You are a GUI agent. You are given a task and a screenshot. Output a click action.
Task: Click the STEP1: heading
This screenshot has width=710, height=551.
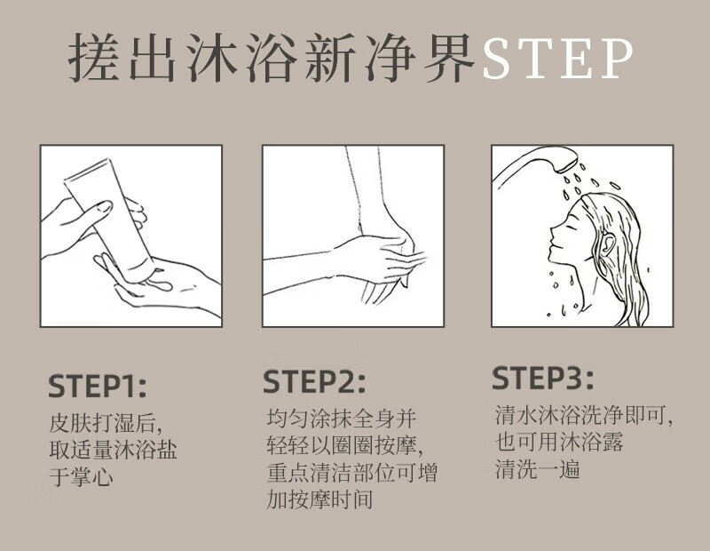pyautogui.click(x=98, y=387)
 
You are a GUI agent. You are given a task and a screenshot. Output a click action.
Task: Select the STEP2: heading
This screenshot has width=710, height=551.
pyautogui.click(x=314, y=382)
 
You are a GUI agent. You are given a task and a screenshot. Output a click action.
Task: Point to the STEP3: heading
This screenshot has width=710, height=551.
pyautogui.click(x=542, y=379)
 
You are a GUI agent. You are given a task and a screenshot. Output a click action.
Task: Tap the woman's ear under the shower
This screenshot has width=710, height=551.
pyautogui.click(x=610, y=247)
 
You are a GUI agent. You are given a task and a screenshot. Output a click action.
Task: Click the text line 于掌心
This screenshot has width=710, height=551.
pyautogui.click(x=81, y=476)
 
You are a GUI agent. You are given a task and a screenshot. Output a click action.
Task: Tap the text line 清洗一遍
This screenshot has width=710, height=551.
pyautogui.click(x=537, y=468)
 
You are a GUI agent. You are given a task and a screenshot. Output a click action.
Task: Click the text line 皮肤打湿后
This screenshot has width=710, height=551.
pyautogui.click(x=105, y=423)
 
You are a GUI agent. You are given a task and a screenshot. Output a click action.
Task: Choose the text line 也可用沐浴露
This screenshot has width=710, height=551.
pyautogui.click(x=559, y=442)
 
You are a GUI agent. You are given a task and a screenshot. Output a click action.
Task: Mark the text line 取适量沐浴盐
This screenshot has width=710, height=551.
pyautogui.click(x=113, y=450)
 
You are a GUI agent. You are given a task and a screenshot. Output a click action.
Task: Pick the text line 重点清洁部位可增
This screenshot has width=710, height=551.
pyautogui.click(x=351, y=472)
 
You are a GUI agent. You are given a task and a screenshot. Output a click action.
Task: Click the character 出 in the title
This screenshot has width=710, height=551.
pyautogui.click(x=153, y=58)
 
